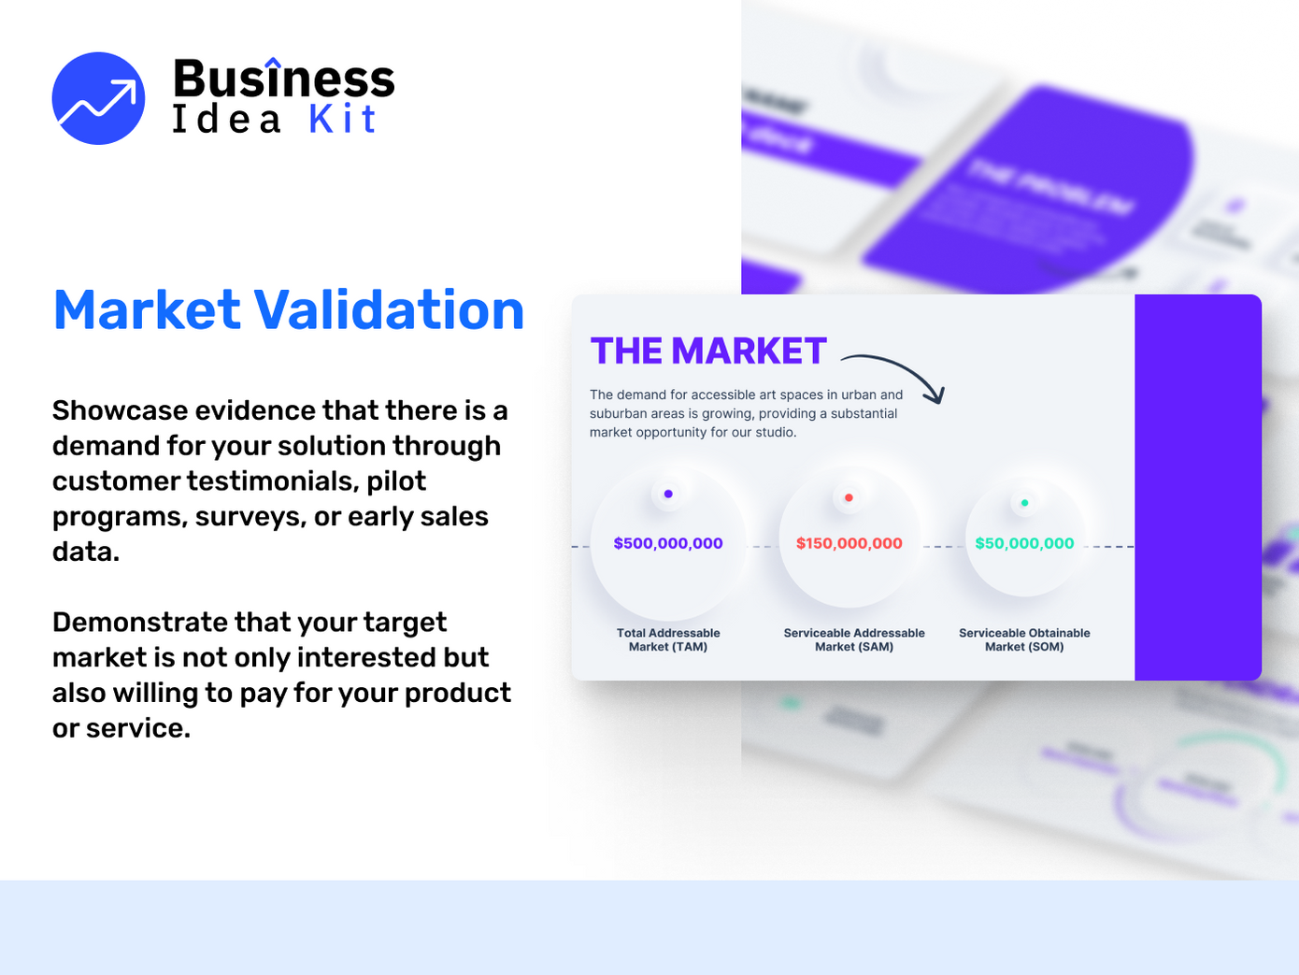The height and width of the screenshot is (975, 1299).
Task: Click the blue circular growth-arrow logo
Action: (98, 98)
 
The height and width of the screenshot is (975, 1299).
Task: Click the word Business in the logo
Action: (283, 79)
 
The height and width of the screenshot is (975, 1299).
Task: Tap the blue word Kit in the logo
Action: (342, 120)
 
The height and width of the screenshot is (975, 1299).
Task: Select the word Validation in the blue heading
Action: (389, 310)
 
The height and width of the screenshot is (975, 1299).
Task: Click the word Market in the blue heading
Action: (147, 310)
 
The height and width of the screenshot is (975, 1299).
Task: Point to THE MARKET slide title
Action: (708, 351)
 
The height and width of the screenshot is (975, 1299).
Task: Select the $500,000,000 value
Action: (668, 543)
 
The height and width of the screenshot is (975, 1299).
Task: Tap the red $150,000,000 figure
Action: (849, 543)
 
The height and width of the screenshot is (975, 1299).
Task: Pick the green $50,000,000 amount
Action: (1024, 543)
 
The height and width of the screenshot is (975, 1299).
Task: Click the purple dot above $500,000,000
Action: (668, 494)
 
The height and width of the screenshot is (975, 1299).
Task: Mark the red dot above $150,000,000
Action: (849, 497)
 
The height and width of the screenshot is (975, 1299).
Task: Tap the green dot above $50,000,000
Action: (1024, 503)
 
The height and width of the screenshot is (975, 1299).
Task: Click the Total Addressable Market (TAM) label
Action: (668, 639)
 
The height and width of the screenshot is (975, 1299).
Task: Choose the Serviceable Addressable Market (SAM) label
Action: (854, 639)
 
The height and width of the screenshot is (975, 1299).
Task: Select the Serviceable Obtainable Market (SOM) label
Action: (1024, 639)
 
